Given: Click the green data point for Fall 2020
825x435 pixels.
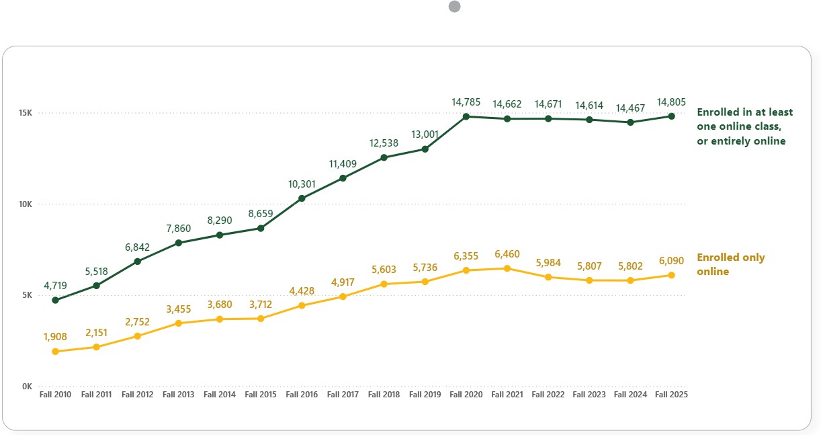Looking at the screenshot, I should (x=466, y=116).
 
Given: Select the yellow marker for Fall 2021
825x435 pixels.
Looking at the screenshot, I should (x=507, y=268).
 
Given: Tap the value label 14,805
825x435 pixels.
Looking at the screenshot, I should (x=671, y=103).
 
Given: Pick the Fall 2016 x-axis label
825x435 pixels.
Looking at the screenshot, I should (x=302, y=395).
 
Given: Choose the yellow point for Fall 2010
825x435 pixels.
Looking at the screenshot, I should (x=55, y=351).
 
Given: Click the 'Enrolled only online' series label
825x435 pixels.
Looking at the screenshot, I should (x=730, y=264).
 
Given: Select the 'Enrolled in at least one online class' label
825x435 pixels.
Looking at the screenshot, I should (x=744, y=126).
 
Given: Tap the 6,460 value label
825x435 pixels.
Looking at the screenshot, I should (x=507, y=255).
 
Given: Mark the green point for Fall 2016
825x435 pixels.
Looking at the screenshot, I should (x=302, y=198).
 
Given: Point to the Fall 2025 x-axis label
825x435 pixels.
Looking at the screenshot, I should (x=671, y=395).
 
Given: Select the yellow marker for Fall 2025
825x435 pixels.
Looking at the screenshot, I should (x=671, y=275).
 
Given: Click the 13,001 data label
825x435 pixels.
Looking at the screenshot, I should (x=425, y=134).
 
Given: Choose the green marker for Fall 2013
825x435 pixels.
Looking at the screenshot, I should (x=178, y=243).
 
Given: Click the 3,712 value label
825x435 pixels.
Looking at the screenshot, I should (x=260, y=305).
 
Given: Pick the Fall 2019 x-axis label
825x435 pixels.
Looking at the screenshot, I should (x=425, y=395).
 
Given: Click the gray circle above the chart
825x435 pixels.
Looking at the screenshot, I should (x=454, y=7).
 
